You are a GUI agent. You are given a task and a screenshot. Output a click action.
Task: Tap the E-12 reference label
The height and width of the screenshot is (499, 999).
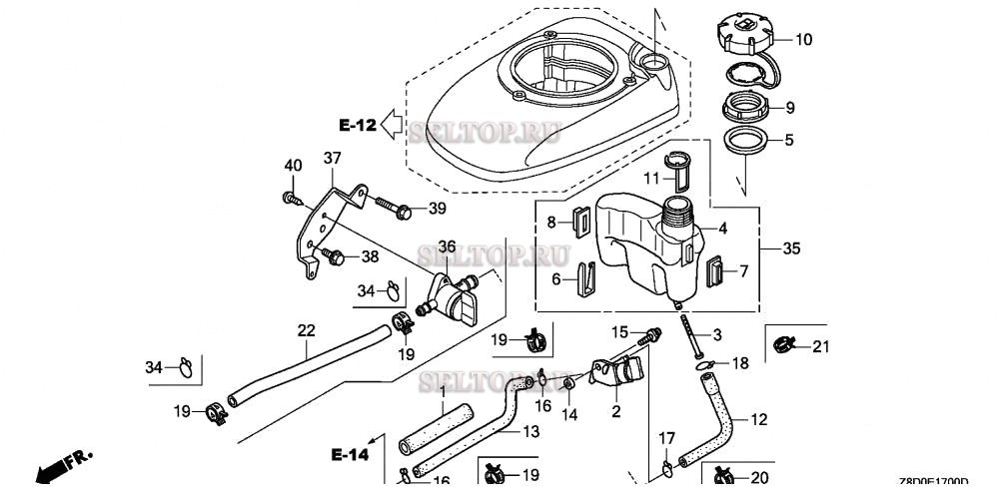357,125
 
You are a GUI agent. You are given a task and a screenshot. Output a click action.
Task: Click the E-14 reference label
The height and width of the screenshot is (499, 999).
350,454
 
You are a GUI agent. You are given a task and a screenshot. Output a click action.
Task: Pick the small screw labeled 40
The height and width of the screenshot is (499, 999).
292,197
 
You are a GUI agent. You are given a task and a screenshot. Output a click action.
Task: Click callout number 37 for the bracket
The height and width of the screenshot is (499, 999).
332,158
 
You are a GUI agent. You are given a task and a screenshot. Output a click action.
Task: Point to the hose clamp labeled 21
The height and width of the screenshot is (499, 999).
783,345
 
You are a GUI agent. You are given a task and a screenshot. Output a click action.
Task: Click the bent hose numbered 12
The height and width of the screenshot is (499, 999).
717,419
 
